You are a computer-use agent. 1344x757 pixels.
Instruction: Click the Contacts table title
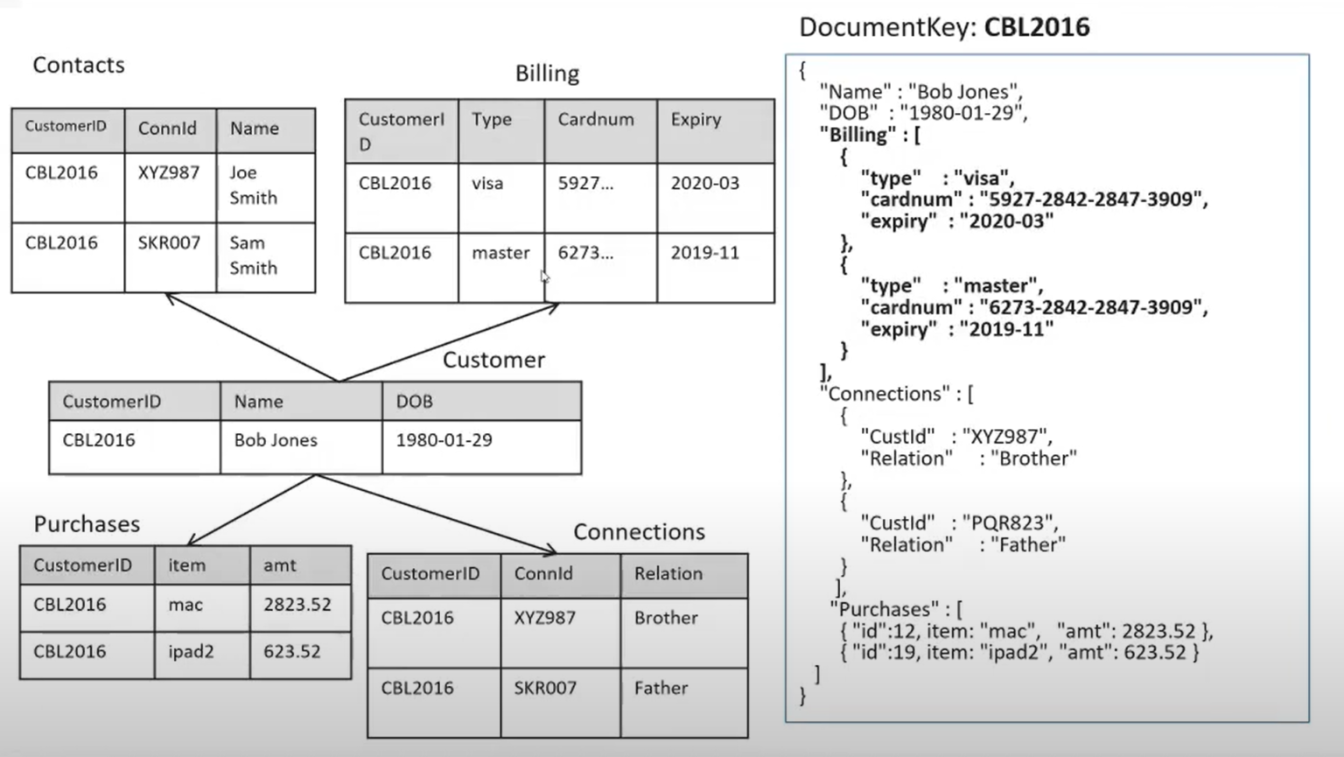tap(79, 65)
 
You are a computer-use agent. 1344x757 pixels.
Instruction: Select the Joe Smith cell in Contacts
tap(253, 186)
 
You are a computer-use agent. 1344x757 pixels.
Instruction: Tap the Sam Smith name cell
tap(253, 256)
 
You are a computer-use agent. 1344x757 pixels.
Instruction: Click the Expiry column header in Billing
tap(696, 120)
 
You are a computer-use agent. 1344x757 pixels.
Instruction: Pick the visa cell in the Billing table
tap(487, 184)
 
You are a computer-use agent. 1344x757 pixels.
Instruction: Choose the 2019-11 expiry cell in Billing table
tap(704, 253)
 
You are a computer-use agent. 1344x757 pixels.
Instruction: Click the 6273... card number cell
tap(585, 253)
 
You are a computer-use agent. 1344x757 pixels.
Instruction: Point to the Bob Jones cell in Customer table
tap(276, 440)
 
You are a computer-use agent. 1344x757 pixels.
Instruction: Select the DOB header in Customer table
tap(414, 402)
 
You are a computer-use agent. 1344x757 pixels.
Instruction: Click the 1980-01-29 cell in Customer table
tap(444, 440)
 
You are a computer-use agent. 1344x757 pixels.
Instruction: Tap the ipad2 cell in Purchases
tap(191, 652)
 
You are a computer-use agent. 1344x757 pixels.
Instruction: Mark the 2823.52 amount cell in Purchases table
tap(297, 605)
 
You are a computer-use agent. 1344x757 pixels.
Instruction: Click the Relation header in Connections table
tap(668, 574)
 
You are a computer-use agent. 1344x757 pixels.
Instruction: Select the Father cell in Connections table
tap(661, 689)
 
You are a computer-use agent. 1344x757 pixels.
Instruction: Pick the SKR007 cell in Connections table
tap(545, 689)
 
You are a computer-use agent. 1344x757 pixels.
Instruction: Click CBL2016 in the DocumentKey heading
tap(1037, 27)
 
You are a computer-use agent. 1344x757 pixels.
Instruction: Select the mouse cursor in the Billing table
tap(544, 277)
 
